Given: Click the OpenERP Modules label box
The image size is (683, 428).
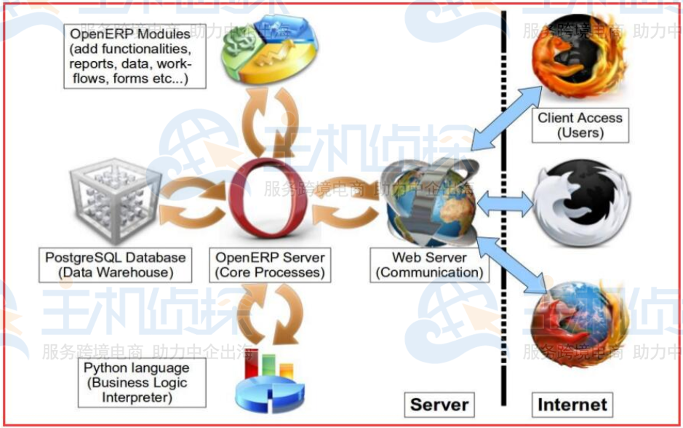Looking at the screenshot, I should coord(129,55).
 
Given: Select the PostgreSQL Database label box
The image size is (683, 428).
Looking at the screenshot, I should coord(115,265).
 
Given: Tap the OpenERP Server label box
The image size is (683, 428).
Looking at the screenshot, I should coord(269,265).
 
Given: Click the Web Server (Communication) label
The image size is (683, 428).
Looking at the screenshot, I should coord(428,265).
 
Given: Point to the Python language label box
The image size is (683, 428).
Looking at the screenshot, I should coord(135,382).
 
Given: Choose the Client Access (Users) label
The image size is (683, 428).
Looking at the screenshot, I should coord(580,125).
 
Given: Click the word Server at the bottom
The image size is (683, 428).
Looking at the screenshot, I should coord(439,405).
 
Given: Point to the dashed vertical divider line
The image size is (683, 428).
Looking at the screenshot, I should coord(503,218).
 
